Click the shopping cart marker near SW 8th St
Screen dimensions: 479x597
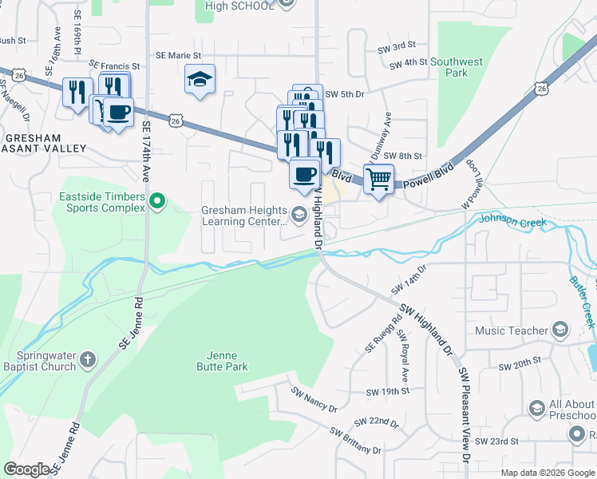click(378, 177)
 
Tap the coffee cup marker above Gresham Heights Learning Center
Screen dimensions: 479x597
click(304, 173)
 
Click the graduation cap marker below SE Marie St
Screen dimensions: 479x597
click(200, 79)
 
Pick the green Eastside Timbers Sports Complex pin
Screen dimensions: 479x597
click(157, 201)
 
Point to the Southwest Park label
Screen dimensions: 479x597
click(456, 67)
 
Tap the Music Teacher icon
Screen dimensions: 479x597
click(560, 330)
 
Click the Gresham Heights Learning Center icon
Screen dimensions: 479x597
click(299, 213)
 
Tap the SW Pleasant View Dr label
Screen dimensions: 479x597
click(462, 415)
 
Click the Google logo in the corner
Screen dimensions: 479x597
click(26, 469)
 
